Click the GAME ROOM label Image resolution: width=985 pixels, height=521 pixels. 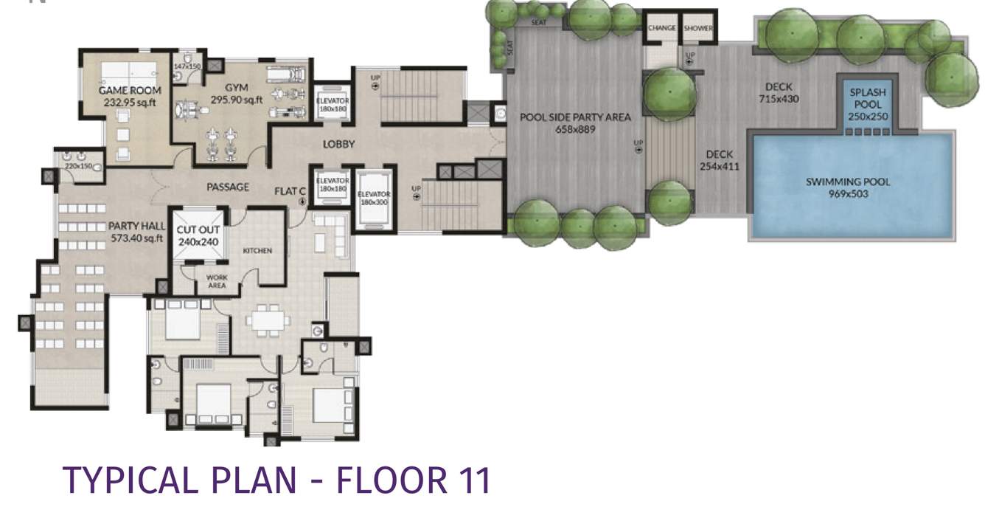click(130, 91)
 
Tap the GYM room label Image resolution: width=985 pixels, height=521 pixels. click(237, 88)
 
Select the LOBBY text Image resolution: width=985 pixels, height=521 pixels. click(338, 144)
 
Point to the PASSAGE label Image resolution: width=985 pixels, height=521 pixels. click(228, 187)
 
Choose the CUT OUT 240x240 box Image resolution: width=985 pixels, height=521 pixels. click(198, 235)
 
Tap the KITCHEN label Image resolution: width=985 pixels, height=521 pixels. click(257, 251)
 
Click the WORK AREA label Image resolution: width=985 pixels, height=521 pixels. click(216, 281)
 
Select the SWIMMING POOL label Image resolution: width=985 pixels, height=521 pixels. click(847, 182)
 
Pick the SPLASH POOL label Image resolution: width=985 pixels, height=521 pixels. click(867, 99)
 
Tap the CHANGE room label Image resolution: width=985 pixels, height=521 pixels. click(661, 28)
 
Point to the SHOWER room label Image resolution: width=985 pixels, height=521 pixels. click(697, 28)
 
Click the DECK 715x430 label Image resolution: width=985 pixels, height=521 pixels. click(779, 87)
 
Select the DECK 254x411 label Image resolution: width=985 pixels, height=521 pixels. click(719, 154)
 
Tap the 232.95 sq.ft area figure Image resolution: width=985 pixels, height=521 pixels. click(130, 103)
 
